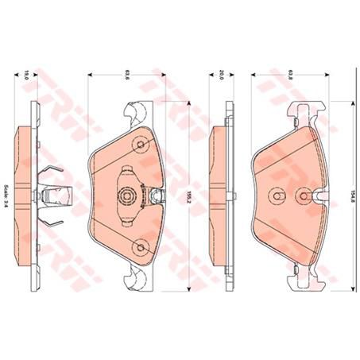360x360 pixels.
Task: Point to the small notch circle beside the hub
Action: tap(145, 194)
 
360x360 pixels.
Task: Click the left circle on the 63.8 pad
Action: tap(274, 193)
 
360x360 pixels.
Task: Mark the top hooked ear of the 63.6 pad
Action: tap(136, 112)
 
